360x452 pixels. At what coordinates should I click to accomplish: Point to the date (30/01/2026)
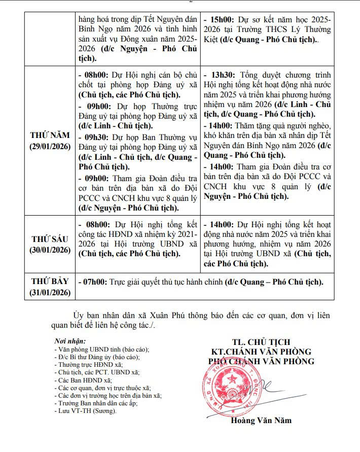[50, 250]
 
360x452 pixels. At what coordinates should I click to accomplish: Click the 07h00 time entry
[93, 282]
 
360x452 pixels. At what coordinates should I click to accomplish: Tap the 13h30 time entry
[220, 75]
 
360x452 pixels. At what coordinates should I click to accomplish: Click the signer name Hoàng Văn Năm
[261, 421]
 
